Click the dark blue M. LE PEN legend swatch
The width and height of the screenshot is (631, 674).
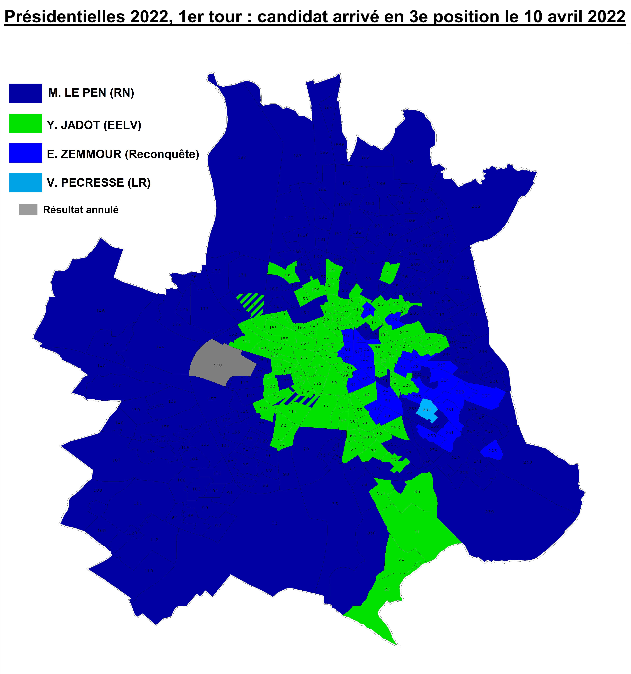25,93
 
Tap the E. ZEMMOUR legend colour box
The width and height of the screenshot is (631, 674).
25,153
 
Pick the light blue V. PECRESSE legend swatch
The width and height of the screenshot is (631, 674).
25,182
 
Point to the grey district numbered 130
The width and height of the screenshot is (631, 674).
218,365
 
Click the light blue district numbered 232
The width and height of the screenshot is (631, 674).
427,409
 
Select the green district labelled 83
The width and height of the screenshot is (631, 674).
387,589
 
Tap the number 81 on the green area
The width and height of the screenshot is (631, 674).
417,532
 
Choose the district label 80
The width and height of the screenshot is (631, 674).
417,491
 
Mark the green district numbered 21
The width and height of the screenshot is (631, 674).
389,273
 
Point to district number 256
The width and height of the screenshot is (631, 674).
395,427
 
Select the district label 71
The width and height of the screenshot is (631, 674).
326,405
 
